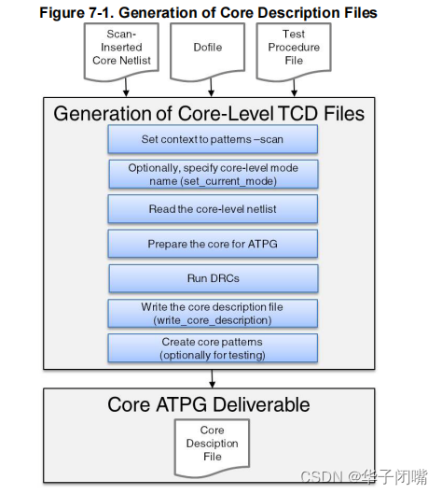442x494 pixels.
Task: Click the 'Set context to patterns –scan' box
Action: pyautogui.click(x=213, y=139)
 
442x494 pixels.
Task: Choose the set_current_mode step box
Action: pyautogui.click(x=213, y=174)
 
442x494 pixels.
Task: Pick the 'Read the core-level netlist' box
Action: pyautogui.click(x=213, y=208)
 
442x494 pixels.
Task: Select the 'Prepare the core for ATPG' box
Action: pyautogui.click(x=213, y=244)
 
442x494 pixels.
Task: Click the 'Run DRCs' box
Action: pyautogui.click(x=213, y=278)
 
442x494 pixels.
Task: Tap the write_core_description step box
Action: pyautogui.click(x=213, y=313)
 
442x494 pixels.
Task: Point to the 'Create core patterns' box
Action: pyautogui.click(x=213, y=348)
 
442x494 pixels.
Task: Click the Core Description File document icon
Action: pyautogui.click(x=212, y=444)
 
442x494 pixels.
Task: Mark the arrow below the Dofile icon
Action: pyautogui.click(x=208, y=89)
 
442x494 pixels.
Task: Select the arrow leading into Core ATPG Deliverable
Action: pyautogui.click(x=213, y=378)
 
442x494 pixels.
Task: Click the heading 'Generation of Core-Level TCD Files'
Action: pyautogui.click(x=209, y=114)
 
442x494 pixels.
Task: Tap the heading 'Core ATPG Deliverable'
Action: pyautogui.click(x=209, y=404)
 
